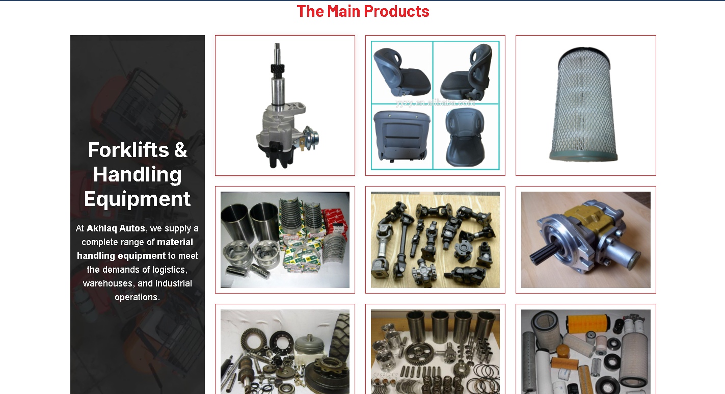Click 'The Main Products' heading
(363, 11)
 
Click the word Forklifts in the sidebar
(128, 150)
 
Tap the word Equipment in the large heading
(137, 199)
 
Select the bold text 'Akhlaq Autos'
(116, 228)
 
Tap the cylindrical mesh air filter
(585, 104)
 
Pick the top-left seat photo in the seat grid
(401, 71)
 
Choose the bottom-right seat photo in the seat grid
(466, 137)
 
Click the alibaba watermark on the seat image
(435, 102)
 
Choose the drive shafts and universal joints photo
(435, 240)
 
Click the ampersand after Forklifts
(180, 150)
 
